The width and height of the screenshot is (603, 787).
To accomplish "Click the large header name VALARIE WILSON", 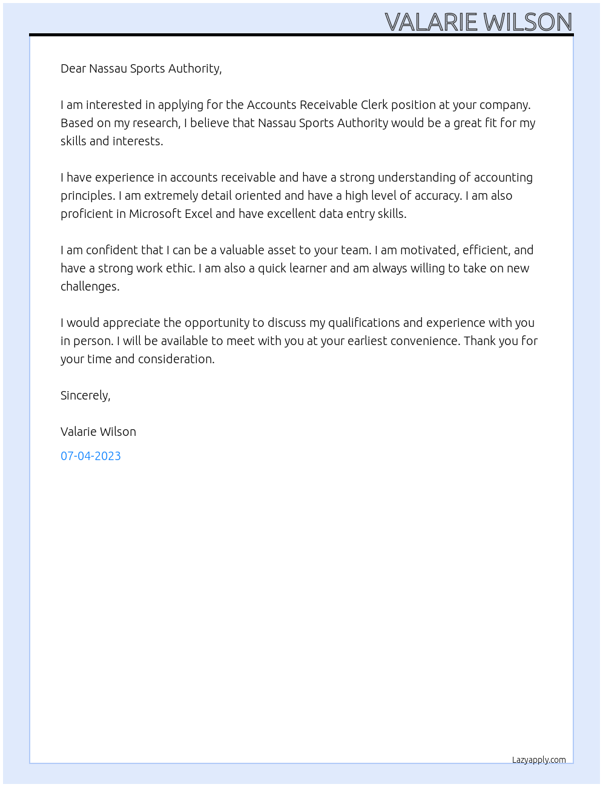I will pos(478,22).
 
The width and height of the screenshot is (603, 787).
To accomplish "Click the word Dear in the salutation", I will pos(73,68).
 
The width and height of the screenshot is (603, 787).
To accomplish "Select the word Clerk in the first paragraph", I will pos(374,105).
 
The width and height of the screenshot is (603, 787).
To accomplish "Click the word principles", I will pos(87,196).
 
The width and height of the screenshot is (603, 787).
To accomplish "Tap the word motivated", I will pos(429,250).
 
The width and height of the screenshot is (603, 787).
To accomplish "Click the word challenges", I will pos(90,286).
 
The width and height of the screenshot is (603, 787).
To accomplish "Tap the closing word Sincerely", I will pos(85,395).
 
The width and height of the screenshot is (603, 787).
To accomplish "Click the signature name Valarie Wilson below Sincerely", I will pos(98,432).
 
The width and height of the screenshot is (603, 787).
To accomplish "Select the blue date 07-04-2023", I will pos(91,456).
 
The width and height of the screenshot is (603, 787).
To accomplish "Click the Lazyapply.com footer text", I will pos(539,760).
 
